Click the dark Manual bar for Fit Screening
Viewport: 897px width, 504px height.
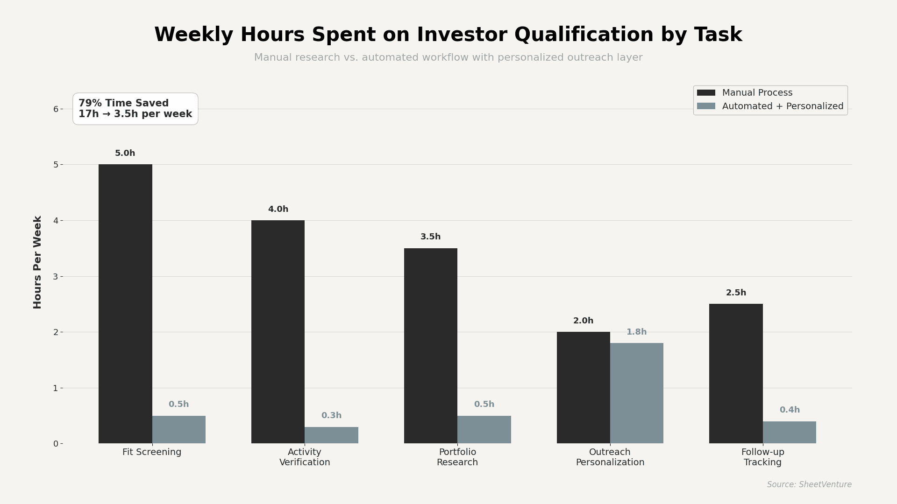point(125,303)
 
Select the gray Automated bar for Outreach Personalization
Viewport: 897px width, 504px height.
point(636,393)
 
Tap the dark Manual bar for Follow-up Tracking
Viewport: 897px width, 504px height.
point(736,373)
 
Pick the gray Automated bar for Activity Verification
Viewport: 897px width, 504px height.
point(331,435)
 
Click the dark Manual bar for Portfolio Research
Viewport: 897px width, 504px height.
point(430,345)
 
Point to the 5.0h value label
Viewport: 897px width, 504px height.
point(125,154)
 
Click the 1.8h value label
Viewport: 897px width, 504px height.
point(636,332)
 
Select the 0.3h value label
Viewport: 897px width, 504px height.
point(331,416)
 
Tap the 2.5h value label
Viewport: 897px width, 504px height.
point(736,293)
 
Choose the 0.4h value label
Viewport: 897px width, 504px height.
point(790,410)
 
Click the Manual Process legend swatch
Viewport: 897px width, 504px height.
point(706,93)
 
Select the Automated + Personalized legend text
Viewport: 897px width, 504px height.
point(783,106)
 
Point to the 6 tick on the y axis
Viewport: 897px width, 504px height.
point(56,109)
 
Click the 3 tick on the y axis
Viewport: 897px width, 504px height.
point(56,277)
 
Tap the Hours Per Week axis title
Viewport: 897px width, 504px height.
point(38,262)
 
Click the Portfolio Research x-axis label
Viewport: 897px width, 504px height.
point(457,457)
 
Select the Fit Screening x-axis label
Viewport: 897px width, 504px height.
point(152,452)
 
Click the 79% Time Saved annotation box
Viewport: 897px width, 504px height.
point(135,109)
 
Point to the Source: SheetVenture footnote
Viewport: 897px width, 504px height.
point(809,485)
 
